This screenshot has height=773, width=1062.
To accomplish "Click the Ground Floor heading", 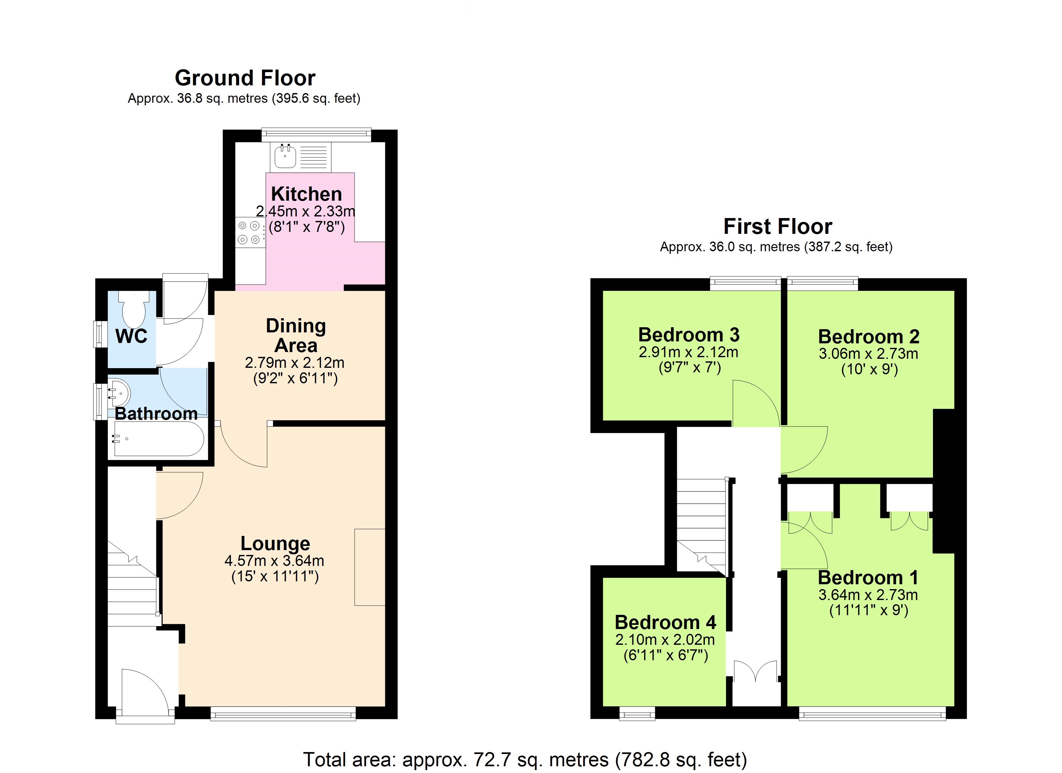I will (x=245, y=78).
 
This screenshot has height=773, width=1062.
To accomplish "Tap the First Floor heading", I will (x=777, y=226).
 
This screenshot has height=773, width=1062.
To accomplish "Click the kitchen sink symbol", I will (x=285, y=157).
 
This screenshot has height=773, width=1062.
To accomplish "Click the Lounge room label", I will (x=275, y=543).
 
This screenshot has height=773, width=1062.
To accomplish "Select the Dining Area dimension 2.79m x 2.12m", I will (x=294, y=362).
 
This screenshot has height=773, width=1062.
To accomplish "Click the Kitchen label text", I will (x=306, y=194).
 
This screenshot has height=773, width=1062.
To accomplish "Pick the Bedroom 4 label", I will (x=665, y=622).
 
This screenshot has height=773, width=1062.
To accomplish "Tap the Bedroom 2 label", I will (x=869, y=336).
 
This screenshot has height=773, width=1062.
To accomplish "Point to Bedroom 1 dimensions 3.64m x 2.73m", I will (x=868, y=595).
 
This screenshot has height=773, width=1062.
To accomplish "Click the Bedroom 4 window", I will (x=637, y=714).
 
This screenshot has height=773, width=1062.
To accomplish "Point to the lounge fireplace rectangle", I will (x=369, y=567).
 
